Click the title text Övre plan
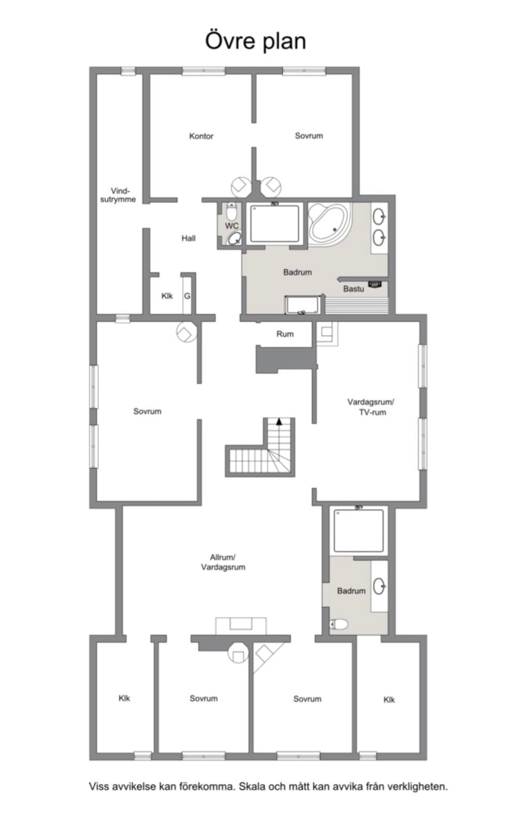point(255,41)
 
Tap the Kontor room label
point(201,136)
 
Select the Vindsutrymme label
point(118,195)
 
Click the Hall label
point(188,238)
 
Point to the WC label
point(232,225)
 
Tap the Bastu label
point(354,289)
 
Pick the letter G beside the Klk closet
point(187,296)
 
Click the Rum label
point(285,334)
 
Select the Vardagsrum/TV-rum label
point(372,407)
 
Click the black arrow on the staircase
point(279,421)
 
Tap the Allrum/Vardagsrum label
point(223,562)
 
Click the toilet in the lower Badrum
point(338,624)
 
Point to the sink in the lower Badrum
point(379,586)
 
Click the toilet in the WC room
point(231,212)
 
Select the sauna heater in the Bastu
point(375,284)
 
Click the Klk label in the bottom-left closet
point(124,698)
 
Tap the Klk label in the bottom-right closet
point(389,700)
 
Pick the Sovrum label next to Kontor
point(308,136)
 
